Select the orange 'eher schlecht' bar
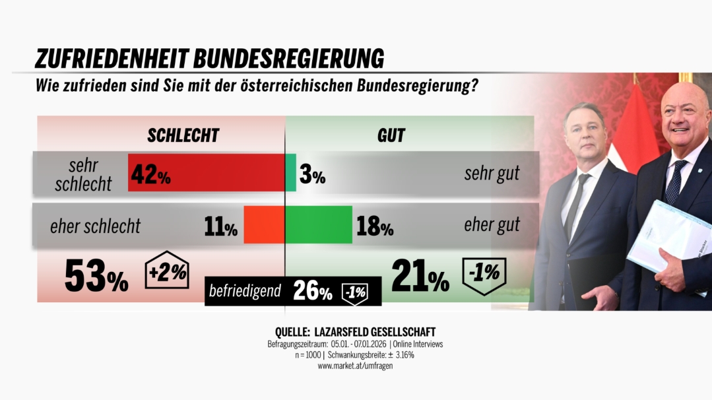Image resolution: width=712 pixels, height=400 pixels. click(264, 225)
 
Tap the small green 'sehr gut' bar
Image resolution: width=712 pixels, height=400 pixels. click(291, 173)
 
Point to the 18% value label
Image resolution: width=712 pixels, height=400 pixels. click(374, 226)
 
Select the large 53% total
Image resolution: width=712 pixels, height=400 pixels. click(96, 276)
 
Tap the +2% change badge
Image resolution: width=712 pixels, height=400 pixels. click(167, 271)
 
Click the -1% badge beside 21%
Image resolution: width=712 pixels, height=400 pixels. click(485, 272)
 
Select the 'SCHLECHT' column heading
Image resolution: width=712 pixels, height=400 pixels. click(183, 135)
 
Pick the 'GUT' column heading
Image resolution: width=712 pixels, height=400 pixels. click(391, 135)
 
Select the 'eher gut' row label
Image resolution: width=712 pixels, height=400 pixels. click(492, 225)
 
